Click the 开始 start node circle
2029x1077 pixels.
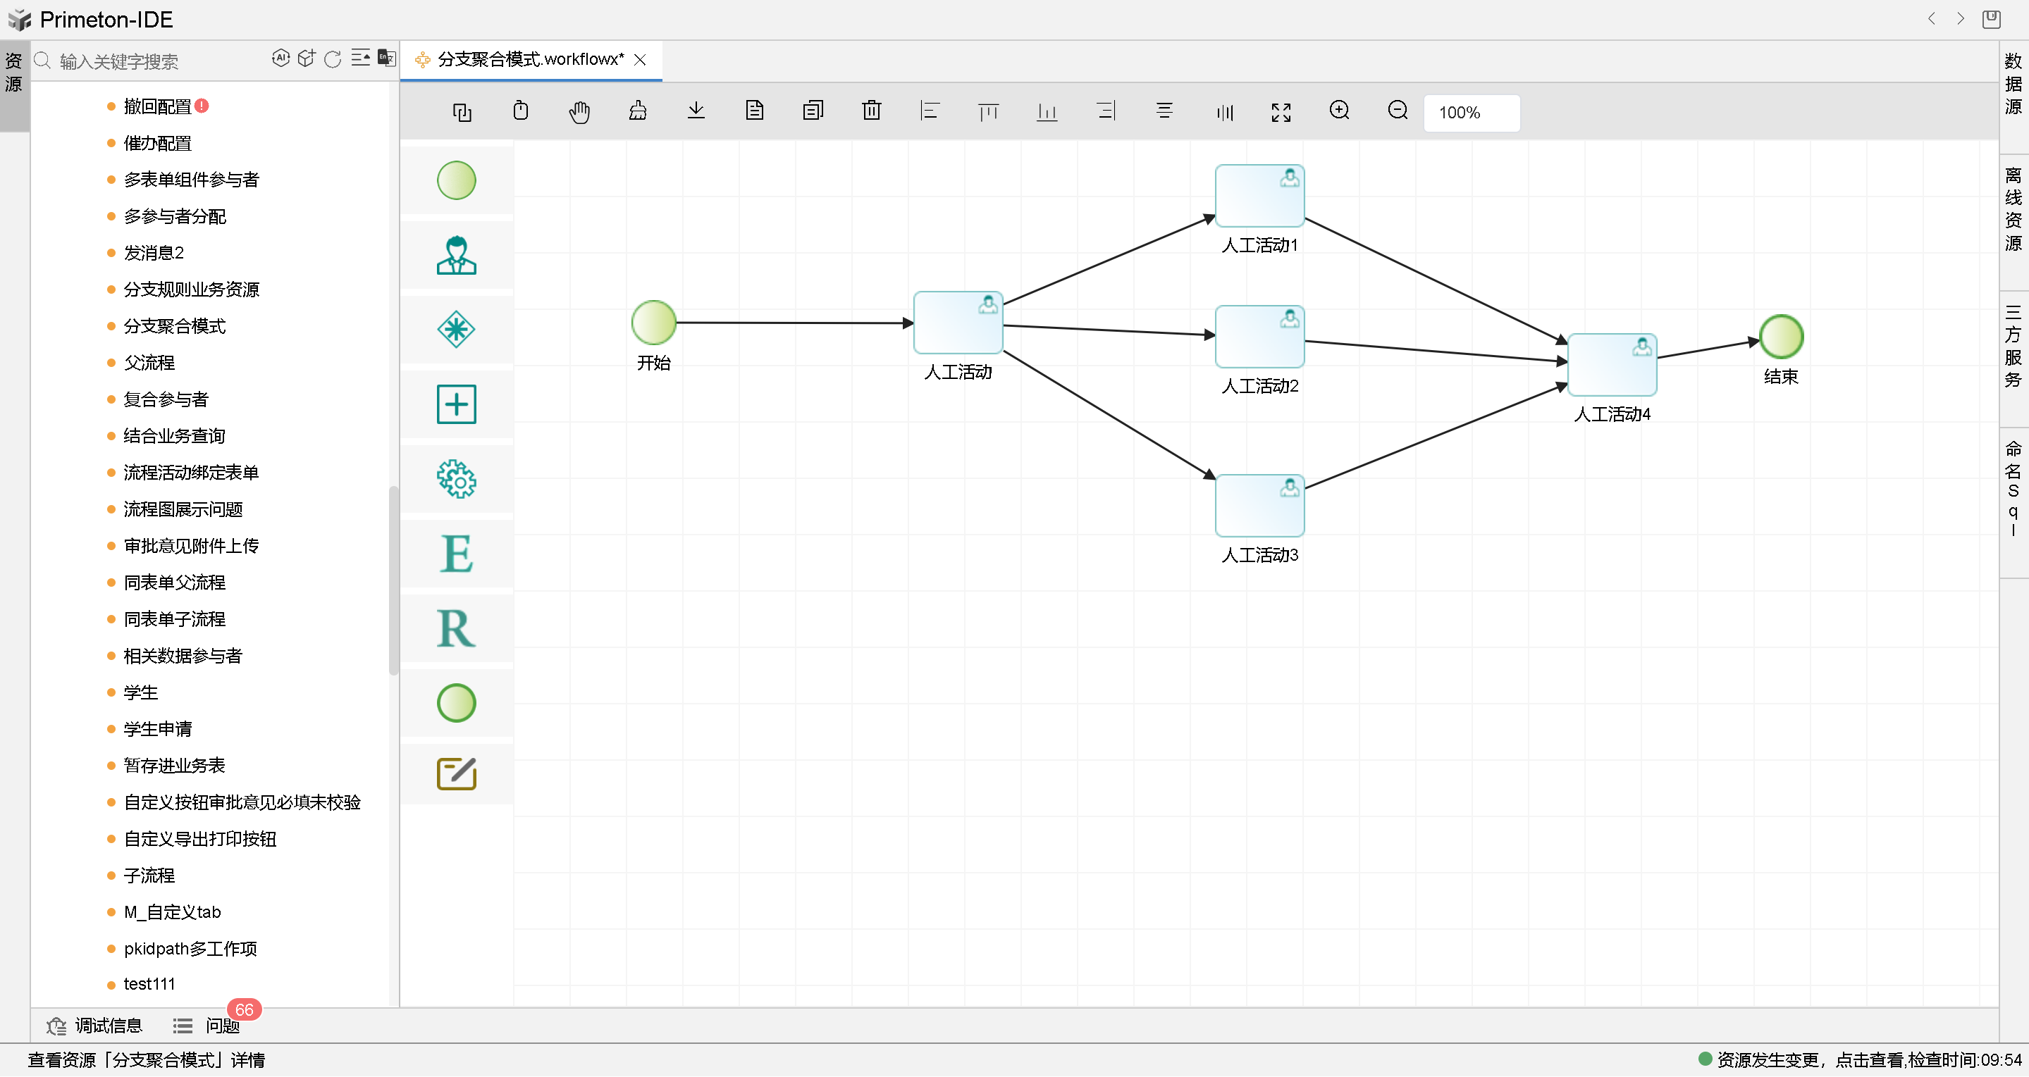pos(653,323)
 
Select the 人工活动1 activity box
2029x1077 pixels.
pos(1259,196)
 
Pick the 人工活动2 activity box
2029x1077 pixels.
pos(1259,337)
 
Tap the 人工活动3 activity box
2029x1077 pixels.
pos(1259,506)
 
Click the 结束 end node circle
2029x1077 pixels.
pos(1780,337)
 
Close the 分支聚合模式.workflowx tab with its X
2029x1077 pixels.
pos(641,60)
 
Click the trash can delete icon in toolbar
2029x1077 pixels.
pos(871,111)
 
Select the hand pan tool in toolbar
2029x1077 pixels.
pos(579,112)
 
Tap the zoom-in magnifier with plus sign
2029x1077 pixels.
pos(1339,111)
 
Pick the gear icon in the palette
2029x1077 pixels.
pos(456,479)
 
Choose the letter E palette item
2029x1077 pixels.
pos(456,554)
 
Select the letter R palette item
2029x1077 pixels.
pos(456,628)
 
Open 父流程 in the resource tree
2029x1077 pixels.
pos(149,363)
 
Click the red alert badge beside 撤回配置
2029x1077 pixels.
pos(202,106)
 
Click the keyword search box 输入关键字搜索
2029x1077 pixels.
pos(158,61)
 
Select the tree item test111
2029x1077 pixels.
pos(149,984)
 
